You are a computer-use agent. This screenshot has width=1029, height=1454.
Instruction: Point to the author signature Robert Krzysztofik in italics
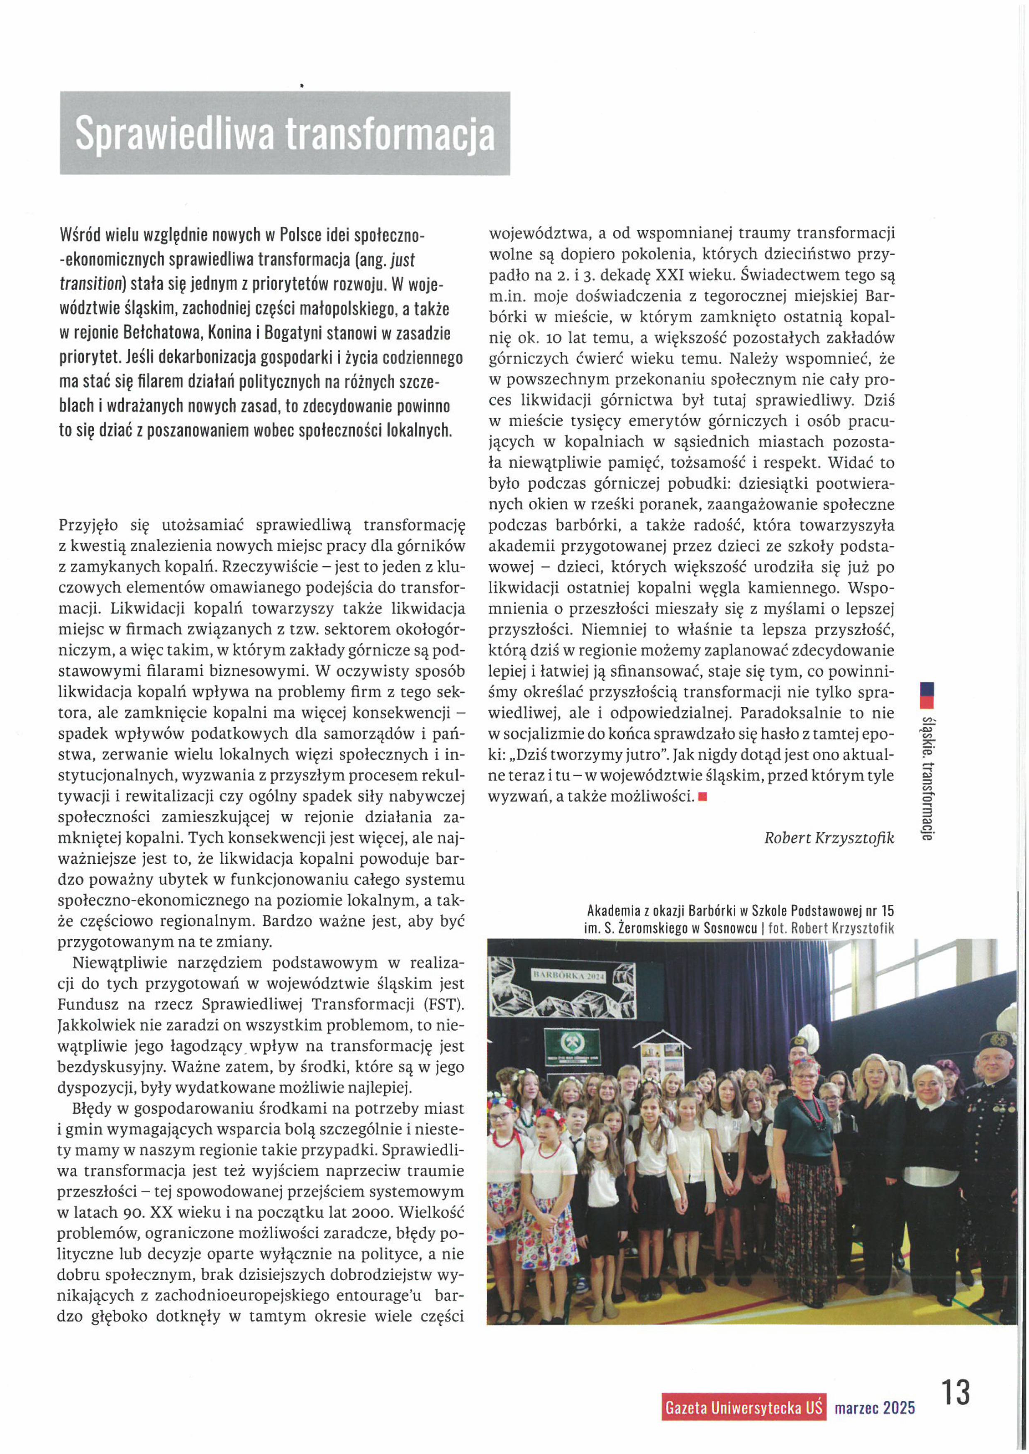coord(829,838)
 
